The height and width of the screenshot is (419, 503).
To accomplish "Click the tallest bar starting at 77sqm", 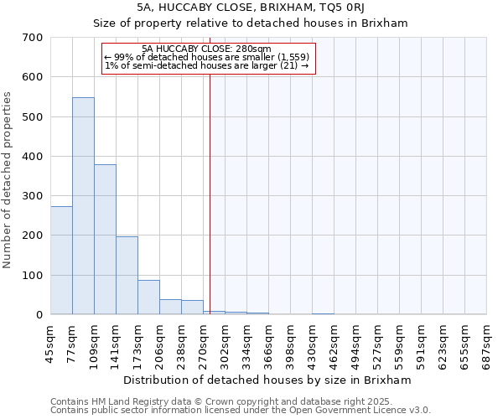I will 83,206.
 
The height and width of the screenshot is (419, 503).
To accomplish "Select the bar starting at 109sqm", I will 105,240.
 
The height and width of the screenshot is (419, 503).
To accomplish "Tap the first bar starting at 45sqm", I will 61,261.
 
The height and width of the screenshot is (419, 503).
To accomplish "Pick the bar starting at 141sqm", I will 127,276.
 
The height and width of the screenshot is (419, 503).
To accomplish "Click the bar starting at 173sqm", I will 148,297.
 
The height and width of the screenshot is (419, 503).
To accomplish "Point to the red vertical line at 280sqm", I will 210,184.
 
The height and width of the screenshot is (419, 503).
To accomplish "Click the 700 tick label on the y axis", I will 33,38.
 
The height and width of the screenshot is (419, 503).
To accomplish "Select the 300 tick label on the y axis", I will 33,196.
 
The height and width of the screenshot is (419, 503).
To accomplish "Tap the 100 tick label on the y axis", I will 33,276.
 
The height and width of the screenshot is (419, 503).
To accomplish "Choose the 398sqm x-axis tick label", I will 290,344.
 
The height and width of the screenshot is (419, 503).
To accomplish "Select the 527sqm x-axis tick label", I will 377,344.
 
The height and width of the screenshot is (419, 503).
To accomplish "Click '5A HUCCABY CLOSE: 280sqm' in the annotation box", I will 207,49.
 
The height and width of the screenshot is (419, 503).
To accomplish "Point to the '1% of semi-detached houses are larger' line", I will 207,65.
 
